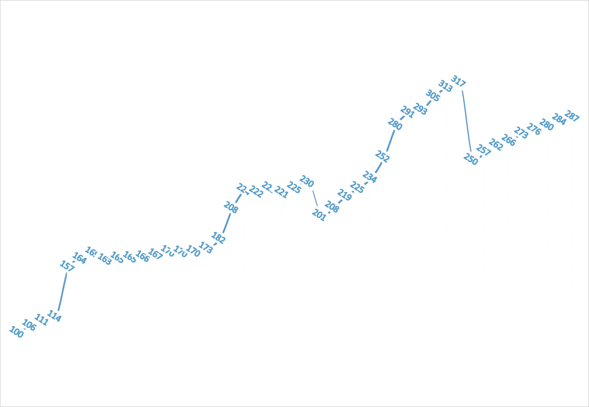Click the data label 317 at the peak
pos(459,81)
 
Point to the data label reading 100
pos(16,332)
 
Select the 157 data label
pos(67,266)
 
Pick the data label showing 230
pos(307,181)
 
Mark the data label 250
pos(471,159)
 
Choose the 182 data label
pos(218,237)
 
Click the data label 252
pos(382,156)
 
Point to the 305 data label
pos(433,95)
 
